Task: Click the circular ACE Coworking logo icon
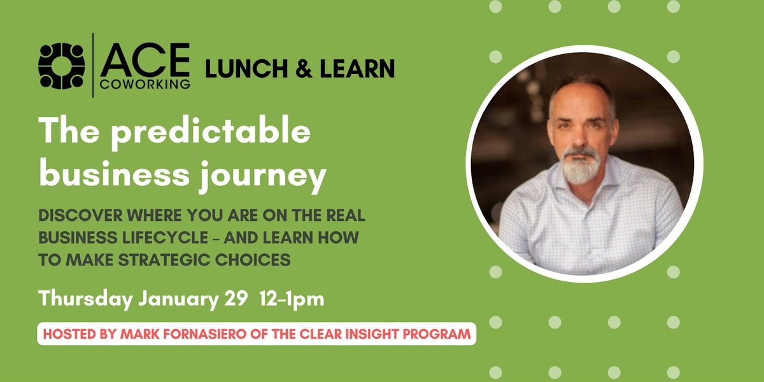click(61, 66)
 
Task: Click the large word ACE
click(145, 60)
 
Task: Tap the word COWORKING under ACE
click(145, 84)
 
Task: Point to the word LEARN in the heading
click(357, 68)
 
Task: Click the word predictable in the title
click(211, 133)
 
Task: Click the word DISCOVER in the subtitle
click(80, 215)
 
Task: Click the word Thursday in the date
click(85, 299)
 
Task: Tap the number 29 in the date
click(236, 299)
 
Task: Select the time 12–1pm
click(292, 299)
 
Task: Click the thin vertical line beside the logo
click(93, 66)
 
